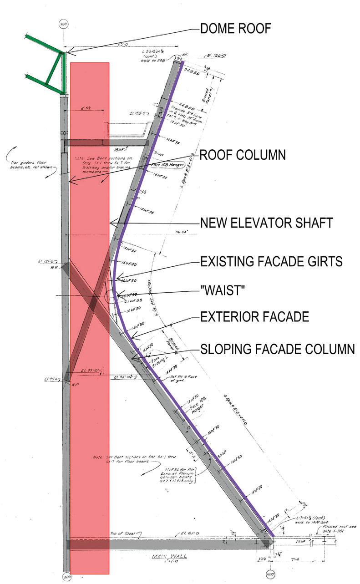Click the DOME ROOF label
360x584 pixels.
[235, 29]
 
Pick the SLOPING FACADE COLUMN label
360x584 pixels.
[277, 350]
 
